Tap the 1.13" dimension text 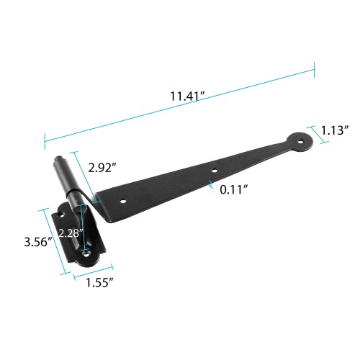click(x=335, y=130)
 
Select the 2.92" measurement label click(x=102, y=167)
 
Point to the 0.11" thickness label click(x=235, y=189)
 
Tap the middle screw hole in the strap click(x=214, y=171)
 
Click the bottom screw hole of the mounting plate click(x=86, y=253)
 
